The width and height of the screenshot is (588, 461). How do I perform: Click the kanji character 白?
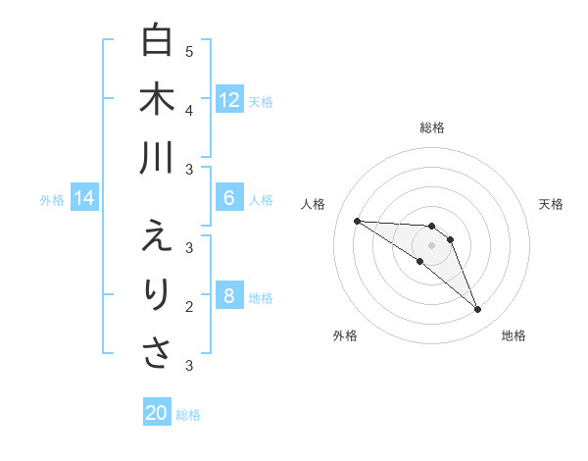[157, 40]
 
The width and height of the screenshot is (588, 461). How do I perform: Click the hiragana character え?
[157, 236]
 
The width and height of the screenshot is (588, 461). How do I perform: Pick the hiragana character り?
[157, 294]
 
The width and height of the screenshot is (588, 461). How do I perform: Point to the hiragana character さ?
[157, 353]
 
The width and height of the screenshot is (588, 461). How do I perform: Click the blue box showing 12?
[229, 100]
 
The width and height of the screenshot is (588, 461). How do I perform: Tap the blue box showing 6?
[229, 198]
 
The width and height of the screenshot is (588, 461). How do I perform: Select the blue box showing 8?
[229, 296]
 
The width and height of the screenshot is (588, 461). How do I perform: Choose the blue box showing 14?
[84, 199]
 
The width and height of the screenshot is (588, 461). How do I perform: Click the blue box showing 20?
[157, 413]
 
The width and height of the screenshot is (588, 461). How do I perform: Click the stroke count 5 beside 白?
[189, 51]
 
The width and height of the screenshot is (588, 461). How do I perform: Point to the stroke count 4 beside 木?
[189, 110]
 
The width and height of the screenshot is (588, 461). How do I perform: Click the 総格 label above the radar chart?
[432, 128]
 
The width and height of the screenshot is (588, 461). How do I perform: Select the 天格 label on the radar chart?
[552, 204]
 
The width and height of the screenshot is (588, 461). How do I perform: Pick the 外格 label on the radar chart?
[344, 335]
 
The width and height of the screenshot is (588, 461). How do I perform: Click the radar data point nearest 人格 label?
[357, 221]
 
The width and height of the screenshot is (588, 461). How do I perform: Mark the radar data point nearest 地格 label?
[478, 310]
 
